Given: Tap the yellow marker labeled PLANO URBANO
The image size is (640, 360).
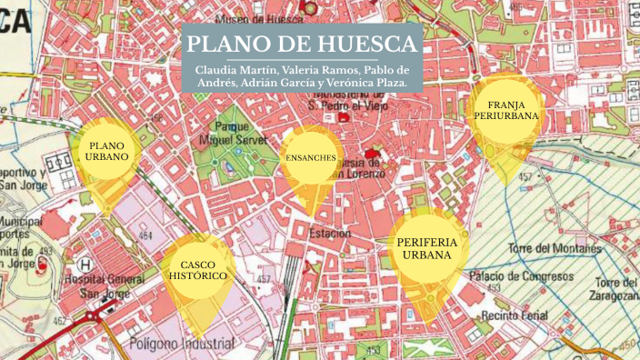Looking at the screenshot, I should (107, 151).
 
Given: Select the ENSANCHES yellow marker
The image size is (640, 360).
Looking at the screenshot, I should (311, 158).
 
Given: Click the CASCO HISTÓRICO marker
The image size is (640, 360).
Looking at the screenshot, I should (196, 269).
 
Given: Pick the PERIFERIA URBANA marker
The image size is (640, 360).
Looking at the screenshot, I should (427, 249).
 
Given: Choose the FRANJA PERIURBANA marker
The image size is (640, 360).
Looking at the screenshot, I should (506, 111).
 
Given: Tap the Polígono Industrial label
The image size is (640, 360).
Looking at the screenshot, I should (182, 344).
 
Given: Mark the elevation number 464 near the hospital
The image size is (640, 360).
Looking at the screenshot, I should (144, 235).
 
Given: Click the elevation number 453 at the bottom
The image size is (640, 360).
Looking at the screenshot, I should (373, 348).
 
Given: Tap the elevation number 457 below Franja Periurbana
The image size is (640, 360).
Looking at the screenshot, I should (525, 176).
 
